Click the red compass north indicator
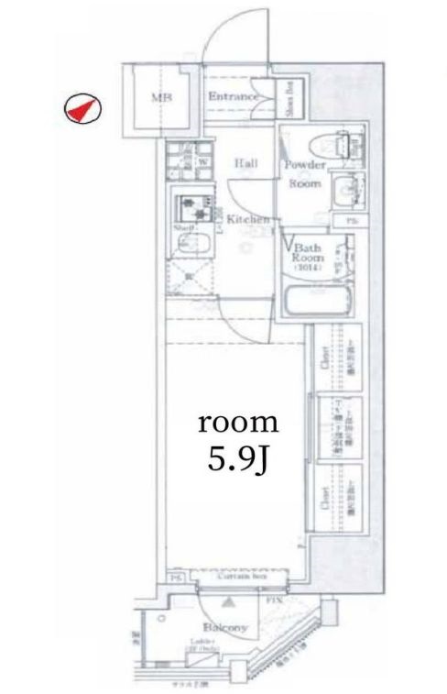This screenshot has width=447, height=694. [82, 108]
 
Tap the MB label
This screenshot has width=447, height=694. [161, 99]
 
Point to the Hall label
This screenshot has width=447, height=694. [245, 163]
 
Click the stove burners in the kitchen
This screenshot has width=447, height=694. [194, 203]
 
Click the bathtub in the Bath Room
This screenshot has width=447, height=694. [316, 302]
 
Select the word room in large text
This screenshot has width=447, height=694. [238, 423]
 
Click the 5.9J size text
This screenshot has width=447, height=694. [238, 457]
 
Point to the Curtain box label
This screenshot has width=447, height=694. [244, 577]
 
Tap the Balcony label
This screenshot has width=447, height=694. [224, 627]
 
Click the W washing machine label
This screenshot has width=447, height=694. [201, 161]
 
